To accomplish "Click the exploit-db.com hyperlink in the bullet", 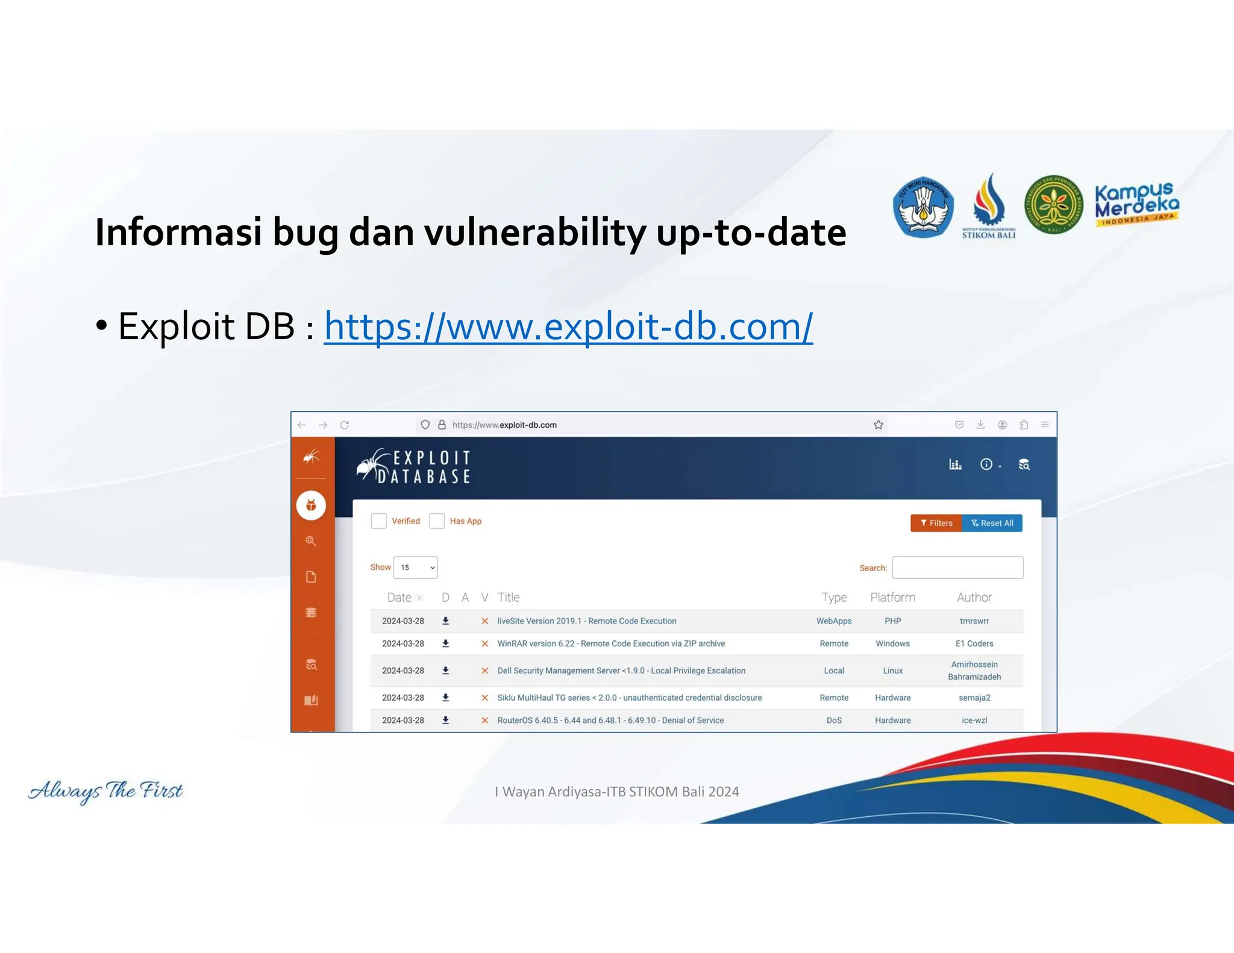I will pos(568,327).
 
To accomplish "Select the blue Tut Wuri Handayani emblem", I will pos(923,207).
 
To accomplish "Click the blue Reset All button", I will pos(992,523).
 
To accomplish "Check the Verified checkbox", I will pos(379,521).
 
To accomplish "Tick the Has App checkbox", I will pos(437,521).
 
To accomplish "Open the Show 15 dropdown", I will pos(415,567).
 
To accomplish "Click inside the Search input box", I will pos(957,567).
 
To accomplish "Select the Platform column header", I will pos(892,597).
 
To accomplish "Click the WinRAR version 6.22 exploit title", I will pos(611,643).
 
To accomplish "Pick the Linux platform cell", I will pos(892,670).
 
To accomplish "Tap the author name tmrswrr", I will pos(974,621).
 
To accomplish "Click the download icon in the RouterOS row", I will pos(446,720).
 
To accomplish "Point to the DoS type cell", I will pos(834,720).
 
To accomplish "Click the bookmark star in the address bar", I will pos(879,425).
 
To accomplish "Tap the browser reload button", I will pos(345,425).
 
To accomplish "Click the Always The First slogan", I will pos(105,790).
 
